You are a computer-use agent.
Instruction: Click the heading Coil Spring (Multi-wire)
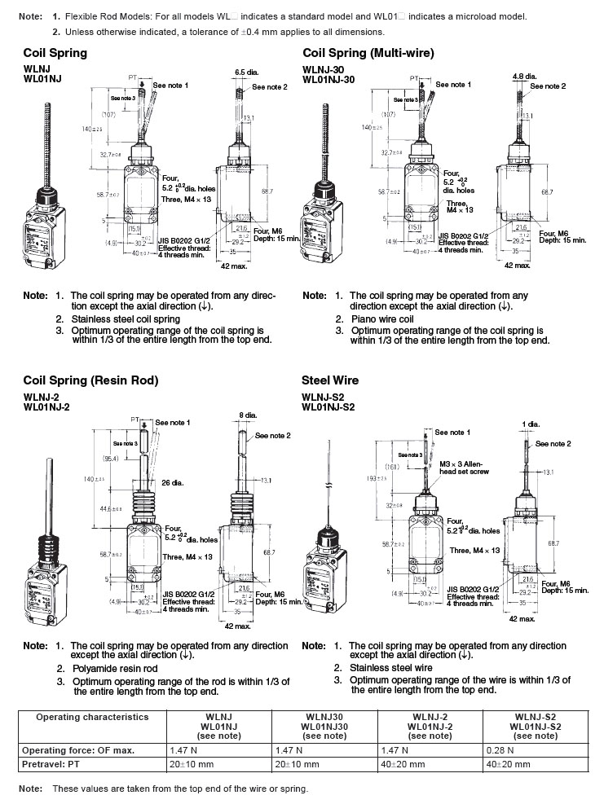(x=368, y=53)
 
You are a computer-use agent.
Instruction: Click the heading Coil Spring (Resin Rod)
(x=90, y=380)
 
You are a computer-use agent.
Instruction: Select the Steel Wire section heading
(x=330, y=380)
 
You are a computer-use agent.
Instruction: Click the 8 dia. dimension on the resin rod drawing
(x=249, y=415)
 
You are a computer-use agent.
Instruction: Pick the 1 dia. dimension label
(x=531, y=424)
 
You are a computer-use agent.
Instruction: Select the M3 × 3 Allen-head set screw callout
(x=461, y=467)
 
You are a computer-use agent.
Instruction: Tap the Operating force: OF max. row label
(x=78, y=749)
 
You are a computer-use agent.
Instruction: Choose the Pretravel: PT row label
(x=57, y=765)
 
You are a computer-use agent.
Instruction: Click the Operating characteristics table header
(x=93, y=718)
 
